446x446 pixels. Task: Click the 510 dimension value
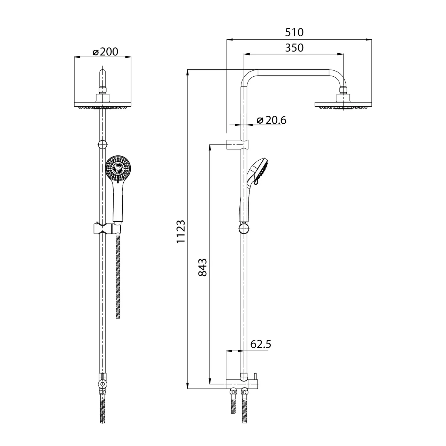(294, 32)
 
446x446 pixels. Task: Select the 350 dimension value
(294, 48)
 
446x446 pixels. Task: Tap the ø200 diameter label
(105, 52)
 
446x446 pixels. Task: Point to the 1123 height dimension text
(181, 231)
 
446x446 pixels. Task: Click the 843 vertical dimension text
(202, 267)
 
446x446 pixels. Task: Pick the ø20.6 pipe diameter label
(271, 120)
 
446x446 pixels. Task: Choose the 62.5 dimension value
(261, 344)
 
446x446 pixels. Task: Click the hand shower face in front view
(118, 168)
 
